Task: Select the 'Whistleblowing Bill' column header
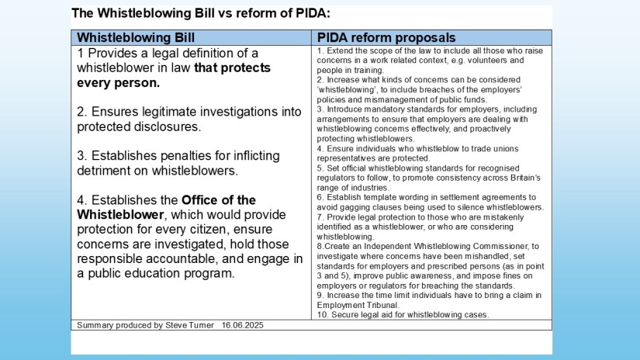136,37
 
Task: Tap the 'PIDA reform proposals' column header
386,37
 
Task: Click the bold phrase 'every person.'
119,82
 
